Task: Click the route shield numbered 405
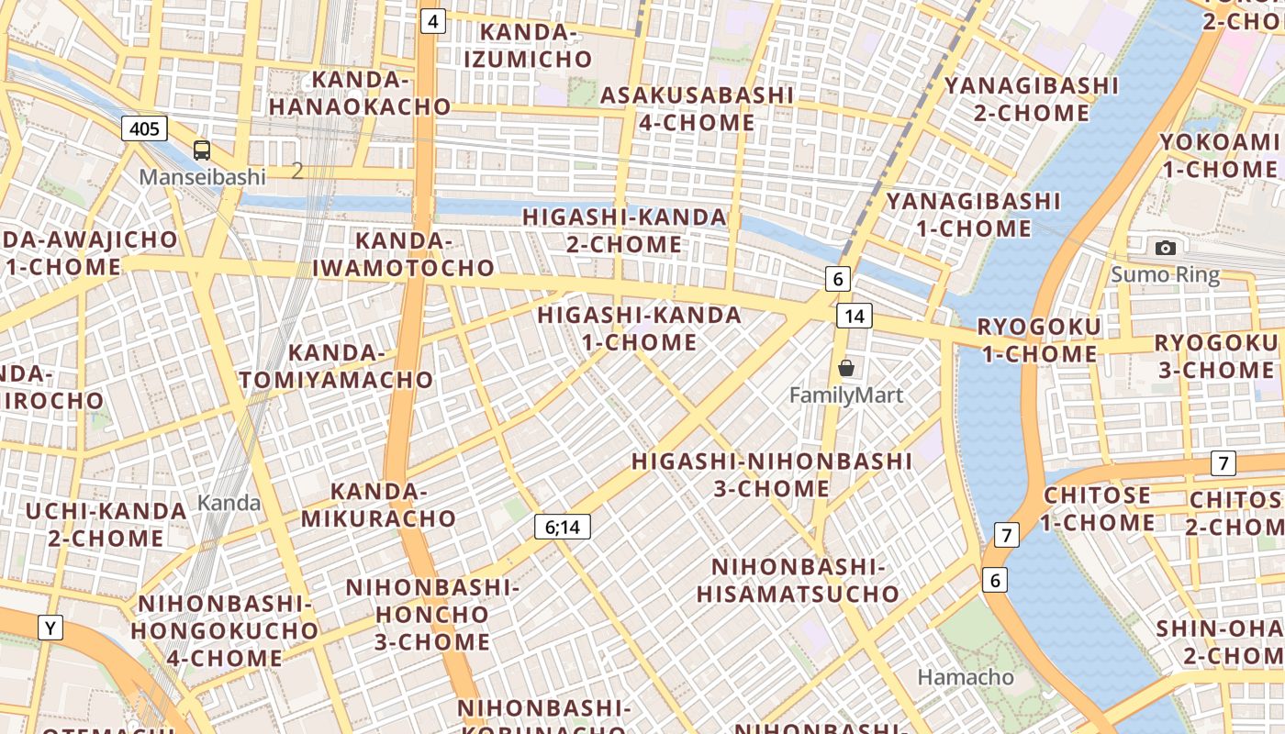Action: tap(144, 128)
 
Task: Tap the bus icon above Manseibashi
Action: tap(202, 150)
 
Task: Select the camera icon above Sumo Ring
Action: tap(1166, 248)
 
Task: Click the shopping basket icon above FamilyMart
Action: tap(846, 368)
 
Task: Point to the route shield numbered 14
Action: tap(854, 317)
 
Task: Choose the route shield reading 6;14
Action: tap(563, 527)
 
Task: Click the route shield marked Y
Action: tap(50, 628)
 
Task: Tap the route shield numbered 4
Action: tap(433, 21)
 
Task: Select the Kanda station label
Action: tap(229, 503)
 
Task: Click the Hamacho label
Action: tap(967, 678)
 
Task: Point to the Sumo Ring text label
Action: tap(1166, 274)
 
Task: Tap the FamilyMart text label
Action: tap(846, 395)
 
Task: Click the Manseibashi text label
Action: tap(202, 177)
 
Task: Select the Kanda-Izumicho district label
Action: tap(528, 46)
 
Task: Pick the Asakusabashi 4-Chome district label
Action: tap(697, 108)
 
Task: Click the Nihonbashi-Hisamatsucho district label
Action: tap(798, 580)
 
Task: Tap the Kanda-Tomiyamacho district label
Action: tap(336, 366)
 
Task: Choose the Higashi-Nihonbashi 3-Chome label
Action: tap(772, 474)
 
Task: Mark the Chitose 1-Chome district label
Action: tap(1097, 509)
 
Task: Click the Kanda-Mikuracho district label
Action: tap(379, 505)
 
